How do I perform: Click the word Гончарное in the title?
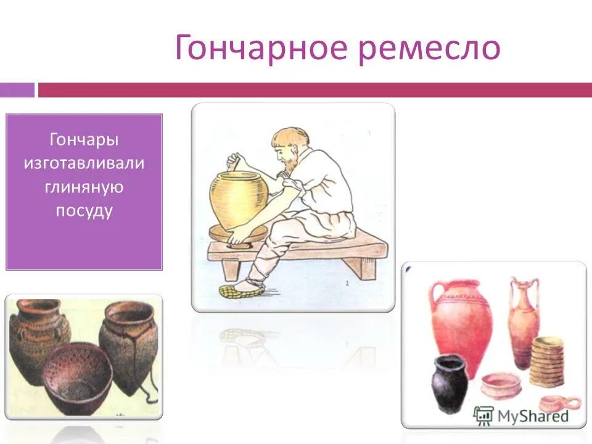click(x=262, y=48)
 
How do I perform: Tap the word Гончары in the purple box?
click(x=84, y=140)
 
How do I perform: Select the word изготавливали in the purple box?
click(x=84, y=163)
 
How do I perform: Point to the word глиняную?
click(x=84, y=187)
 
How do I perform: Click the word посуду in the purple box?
click(x=84, y=210)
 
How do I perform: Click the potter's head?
click(x=288, y=147)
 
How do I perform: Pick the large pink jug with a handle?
click(x=461, y=324)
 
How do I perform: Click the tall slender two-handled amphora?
click(x=523, y=321)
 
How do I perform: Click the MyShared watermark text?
click(x=532, y=416)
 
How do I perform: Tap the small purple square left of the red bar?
click(x=17, y=90)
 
